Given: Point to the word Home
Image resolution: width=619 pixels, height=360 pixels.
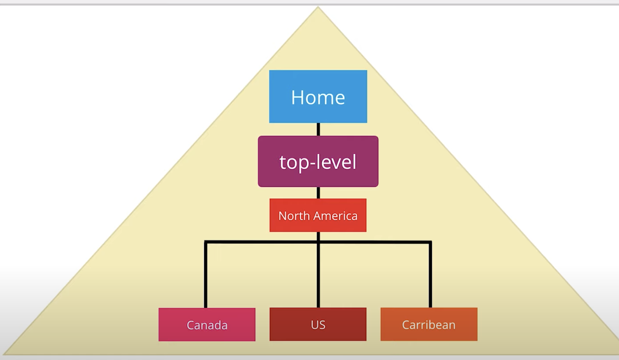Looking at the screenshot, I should click(x=318, y=97).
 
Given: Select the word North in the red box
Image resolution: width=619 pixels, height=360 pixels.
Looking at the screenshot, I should click(x=294, y=216).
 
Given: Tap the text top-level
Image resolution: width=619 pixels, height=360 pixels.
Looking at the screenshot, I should click(x=318, y=162).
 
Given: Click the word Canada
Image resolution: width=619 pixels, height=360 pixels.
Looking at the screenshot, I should click(x=207, y=325).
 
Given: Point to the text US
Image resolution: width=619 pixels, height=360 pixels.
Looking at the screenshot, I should click(x=318, y=325).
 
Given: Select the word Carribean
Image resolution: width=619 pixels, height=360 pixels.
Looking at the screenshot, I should click(x=429, y=325).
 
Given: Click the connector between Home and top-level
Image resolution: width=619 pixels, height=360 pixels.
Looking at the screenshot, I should click(x=318, y=129).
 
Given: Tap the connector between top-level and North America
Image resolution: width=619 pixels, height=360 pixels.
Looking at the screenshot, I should click(x=318, y=193).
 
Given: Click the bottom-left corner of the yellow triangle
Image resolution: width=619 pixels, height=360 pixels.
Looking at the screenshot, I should click(x=5, y=354).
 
